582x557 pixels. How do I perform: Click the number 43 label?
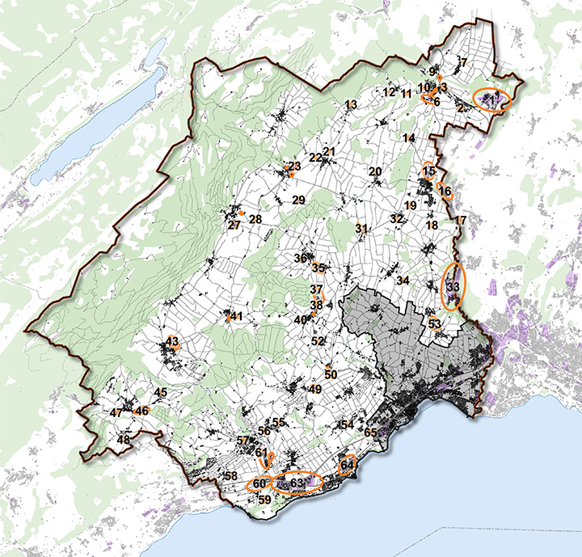click(x=171, y=342)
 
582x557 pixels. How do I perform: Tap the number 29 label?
click(x=297, y=200)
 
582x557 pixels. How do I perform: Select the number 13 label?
click(x=350, y=105)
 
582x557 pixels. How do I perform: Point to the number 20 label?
click(x=375, y=171)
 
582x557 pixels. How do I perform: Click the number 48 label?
click(x=124, y=440)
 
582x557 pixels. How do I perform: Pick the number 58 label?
click(x=231, y=475)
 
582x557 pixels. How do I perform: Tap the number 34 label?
click(x=403, y=280)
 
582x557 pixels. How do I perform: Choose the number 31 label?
click(x=361, y=229)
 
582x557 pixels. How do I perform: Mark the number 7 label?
click(x=464, y=62)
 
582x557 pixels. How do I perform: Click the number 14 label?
click(x=408, y=139)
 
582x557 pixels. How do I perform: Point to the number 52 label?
click(x=318, y=341)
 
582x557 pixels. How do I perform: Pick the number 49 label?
click(x=315, y=390)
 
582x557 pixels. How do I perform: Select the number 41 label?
click(x=236, y=317)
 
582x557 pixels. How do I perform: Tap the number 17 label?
click(x=461, y=221)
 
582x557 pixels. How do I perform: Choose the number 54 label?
click(x=348, y=424)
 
